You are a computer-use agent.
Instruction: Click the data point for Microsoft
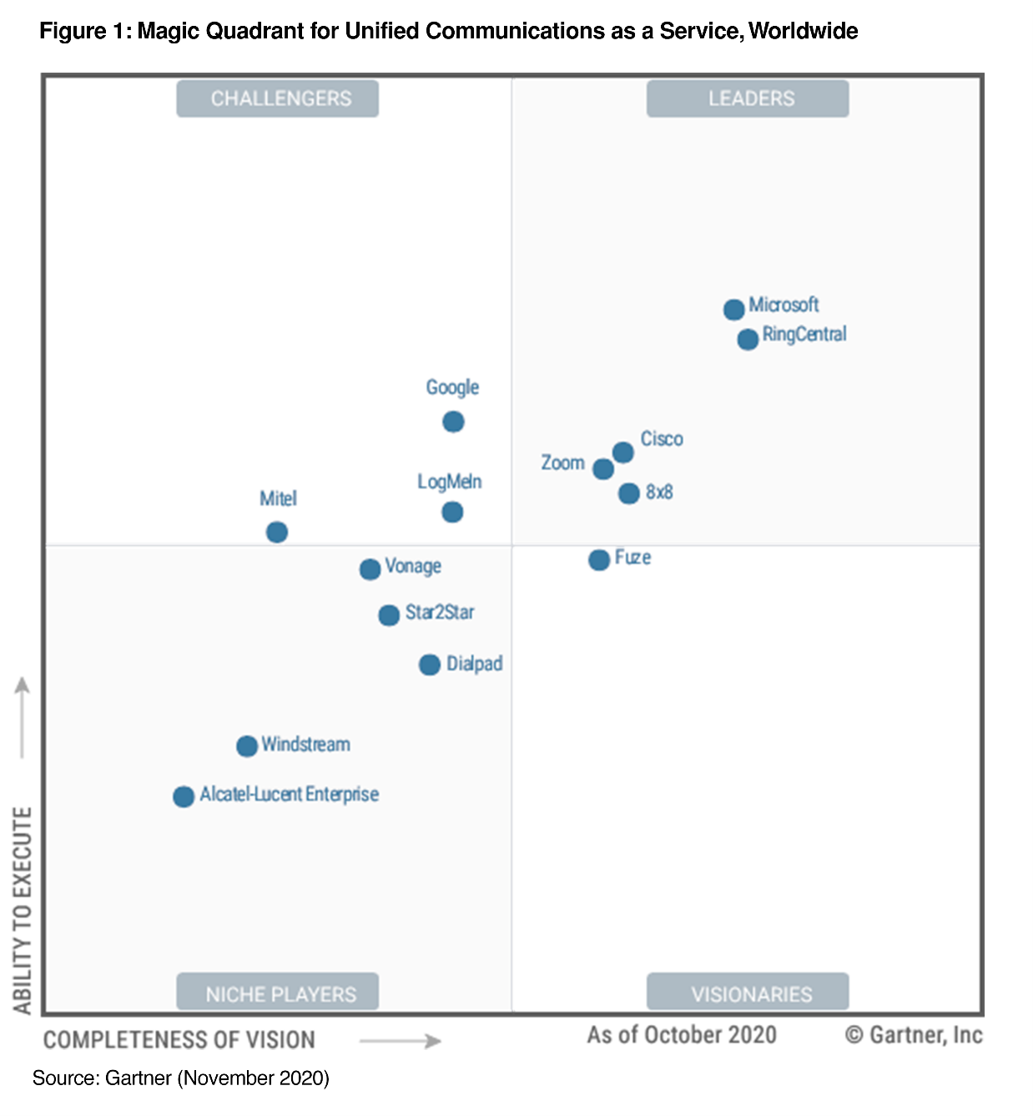tap(733, 310)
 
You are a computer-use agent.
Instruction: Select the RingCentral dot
tap(748, 339)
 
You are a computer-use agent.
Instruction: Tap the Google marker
tap(453, 422)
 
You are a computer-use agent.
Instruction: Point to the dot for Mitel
tap(277, 532)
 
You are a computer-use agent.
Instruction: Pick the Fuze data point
tap(599, 559)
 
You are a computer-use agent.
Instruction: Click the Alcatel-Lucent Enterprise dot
tap(184, 796)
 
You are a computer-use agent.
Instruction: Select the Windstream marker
tap(247, 745)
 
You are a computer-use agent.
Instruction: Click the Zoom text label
tap(562, 462)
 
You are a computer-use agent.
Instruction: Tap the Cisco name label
tap(662, 439)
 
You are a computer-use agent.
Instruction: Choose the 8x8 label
tap(659, 492)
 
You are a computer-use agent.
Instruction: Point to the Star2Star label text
tap(440, 613)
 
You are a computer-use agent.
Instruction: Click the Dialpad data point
tap(430, 664)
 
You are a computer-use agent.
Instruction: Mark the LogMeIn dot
tap(452, 512)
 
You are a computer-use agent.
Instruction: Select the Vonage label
tap(413, 567)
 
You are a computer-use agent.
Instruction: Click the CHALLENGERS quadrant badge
tap(278, 98)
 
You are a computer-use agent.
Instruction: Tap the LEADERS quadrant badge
tap(748, 98)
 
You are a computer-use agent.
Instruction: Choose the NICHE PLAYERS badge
tap(278, 992)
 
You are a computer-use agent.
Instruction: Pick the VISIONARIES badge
tap(748, 992)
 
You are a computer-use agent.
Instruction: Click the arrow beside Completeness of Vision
tap(401, 1041)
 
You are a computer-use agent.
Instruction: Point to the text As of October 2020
tap(682, 1035)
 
